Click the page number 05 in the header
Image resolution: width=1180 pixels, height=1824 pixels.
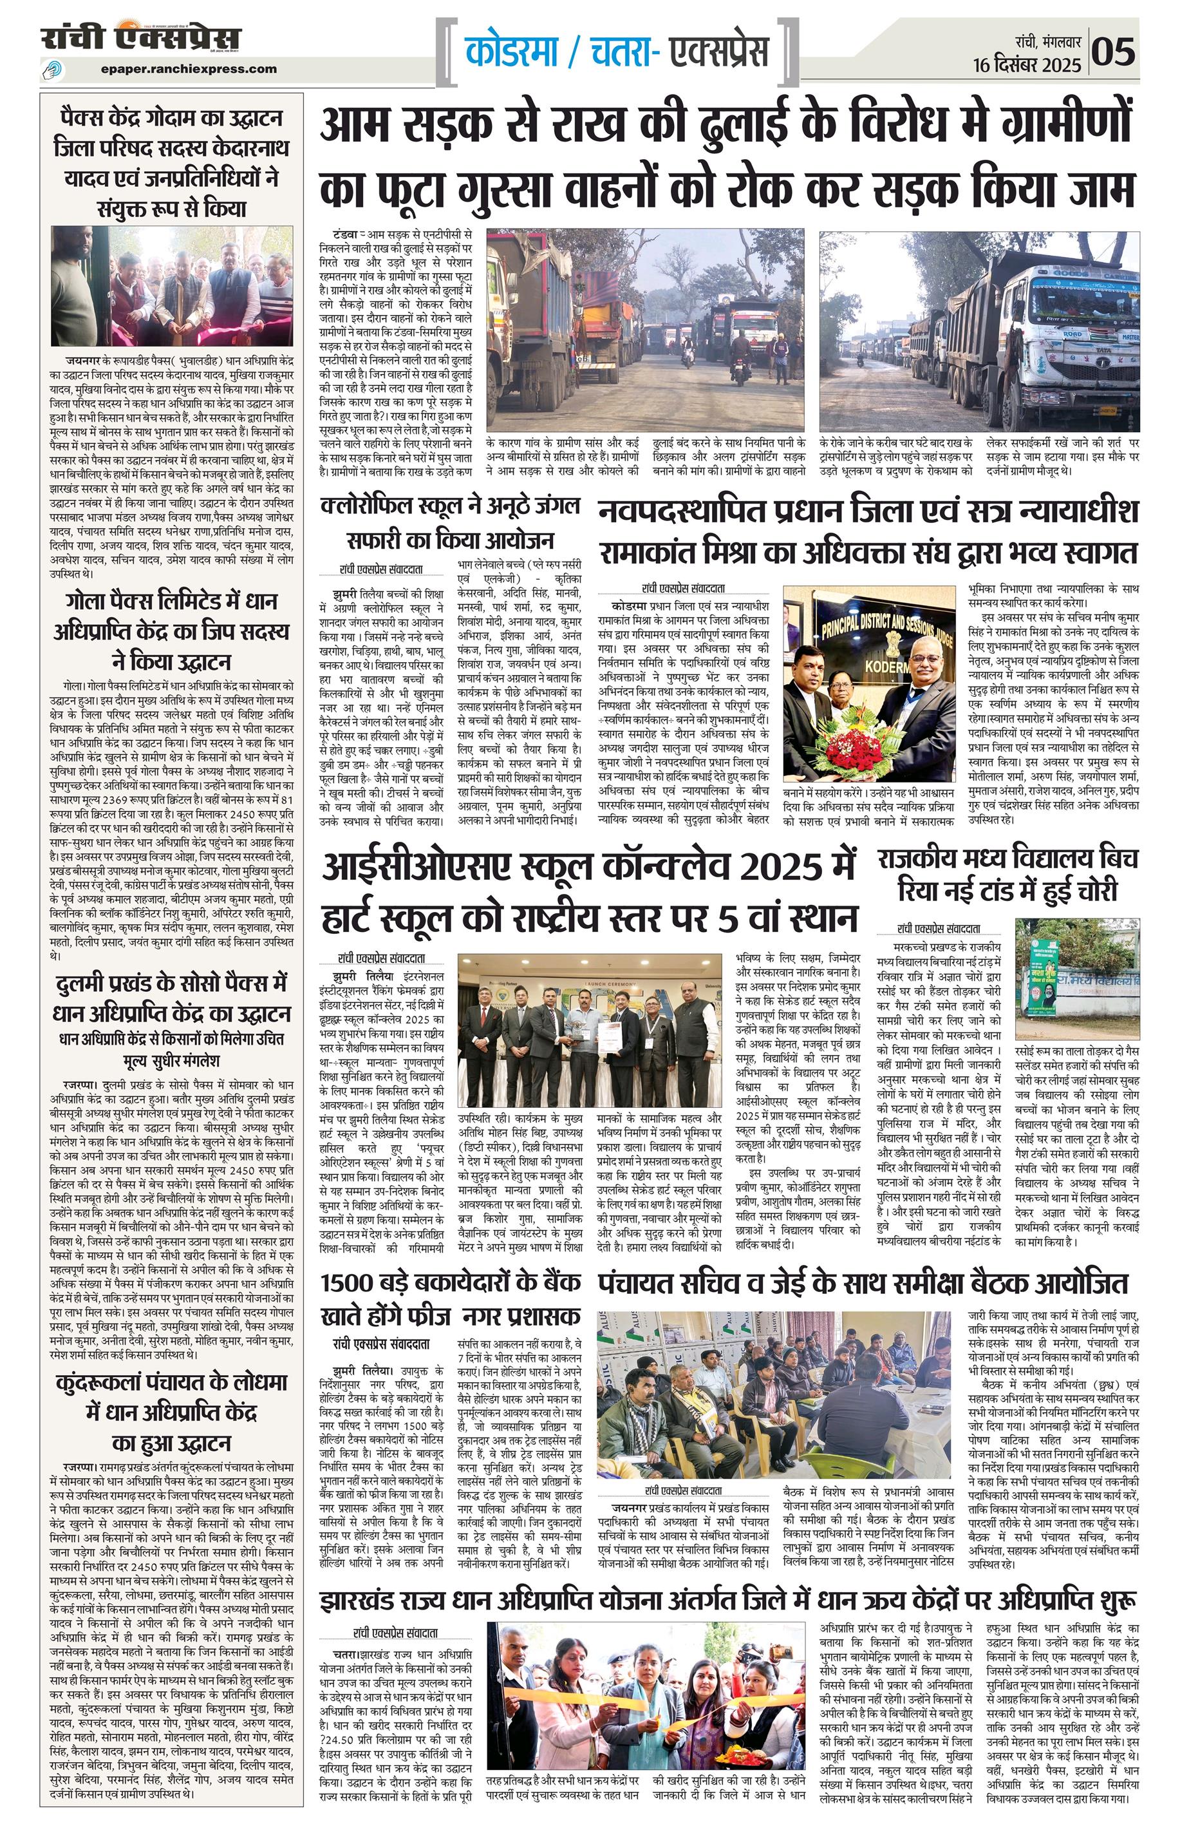coord(1114,52)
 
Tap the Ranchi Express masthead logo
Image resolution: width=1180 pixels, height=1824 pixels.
coord(141,38)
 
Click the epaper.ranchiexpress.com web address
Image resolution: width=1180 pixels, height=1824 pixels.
coord(189,69)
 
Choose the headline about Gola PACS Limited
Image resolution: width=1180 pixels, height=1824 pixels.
coord(172,630)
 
